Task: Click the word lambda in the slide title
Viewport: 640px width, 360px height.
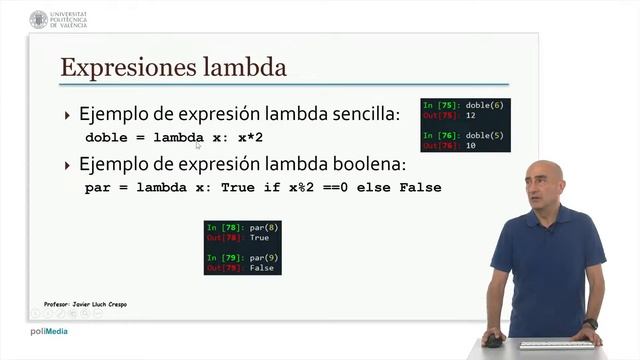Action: click(x=244, y=68)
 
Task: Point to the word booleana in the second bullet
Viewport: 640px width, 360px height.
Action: click(x=362, y=164)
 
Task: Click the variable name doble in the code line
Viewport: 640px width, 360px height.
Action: click(x=107, y=137)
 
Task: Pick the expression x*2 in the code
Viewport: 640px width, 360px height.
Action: click(x=249, y=137)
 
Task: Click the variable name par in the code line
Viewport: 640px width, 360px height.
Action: click(x=97, y=187)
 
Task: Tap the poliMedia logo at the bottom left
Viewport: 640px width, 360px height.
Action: click(x=49, y=331)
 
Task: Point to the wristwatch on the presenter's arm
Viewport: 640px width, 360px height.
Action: click(x=591, y=324)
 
